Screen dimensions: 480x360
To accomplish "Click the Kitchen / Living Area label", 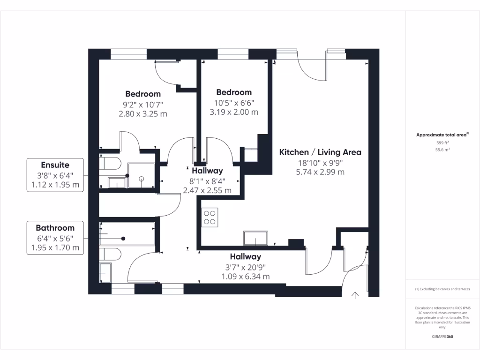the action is point(320,152).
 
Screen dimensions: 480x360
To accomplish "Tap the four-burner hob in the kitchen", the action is point(210,217).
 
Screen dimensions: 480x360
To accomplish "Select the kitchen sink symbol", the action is point(255,238).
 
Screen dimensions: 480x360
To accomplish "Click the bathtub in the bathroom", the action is point(127,234).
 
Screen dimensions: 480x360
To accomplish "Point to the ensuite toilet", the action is point(110,164).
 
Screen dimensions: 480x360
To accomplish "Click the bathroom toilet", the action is point(110,254).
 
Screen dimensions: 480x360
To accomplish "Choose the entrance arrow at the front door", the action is point(355,295).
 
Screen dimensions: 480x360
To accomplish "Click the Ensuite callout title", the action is point(55,165).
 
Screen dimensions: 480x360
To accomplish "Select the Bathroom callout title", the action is point(55,228).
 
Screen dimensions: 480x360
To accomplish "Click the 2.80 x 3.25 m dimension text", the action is point(143,114).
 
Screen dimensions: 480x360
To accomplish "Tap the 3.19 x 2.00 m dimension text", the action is point(234,112).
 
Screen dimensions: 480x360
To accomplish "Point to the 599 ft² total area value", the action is point(442,142).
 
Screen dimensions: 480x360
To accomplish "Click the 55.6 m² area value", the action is point(442,150).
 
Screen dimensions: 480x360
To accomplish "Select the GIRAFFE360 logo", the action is point(442,337).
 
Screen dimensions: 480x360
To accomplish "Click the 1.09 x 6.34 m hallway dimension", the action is point(246,277).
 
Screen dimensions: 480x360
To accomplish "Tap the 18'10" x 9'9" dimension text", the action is point(320,163).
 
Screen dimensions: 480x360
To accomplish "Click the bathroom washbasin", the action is point(105,272).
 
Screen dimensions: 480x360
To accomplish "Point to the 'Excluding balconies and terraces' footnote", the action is point(442,289).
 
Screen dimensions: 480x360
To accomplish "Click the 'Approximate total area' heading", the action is point(442,135).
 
